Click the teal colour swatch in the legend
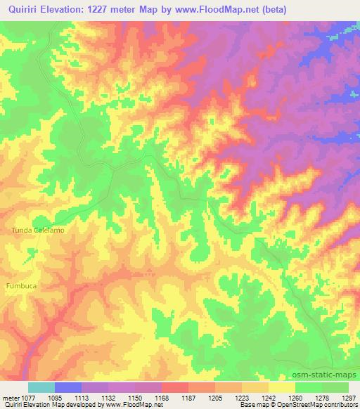[x=41, y=387]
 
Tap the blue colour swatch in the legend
[x=68, y=387]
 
